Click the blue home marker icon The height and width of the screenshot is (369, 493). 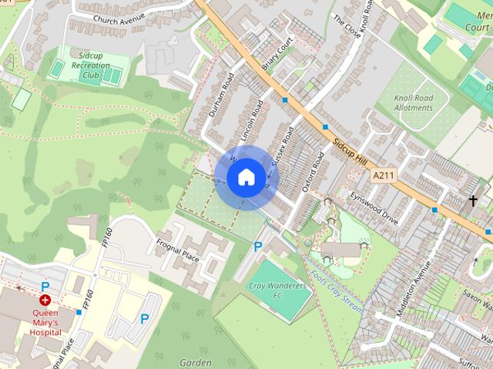(245, 177)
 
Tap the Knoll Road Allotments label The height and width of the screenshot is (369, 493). (414, 102)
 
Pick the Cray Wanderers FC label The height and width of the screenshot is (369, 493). (277, 291)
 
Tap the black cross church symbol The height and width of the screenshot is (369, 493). (473, 201)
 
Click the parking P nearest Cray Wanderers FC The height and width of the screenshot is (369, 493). (258, 247)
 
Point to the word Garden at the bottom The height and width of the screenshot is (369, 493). (195, 362)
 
